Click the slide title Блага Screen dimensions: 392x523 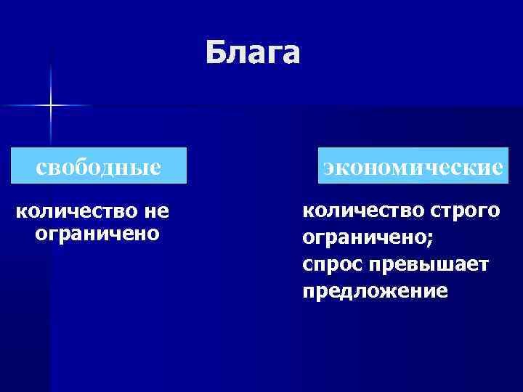(x=251, y=52)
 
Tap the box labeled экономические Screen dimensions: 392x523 (x=413, y=167)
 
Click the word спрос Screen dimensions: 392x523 (x=332, y=264)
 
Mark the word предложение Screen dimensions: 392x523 (x=375, y=291)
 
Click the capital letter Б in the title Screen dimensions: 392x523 (x=214, y=52)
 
